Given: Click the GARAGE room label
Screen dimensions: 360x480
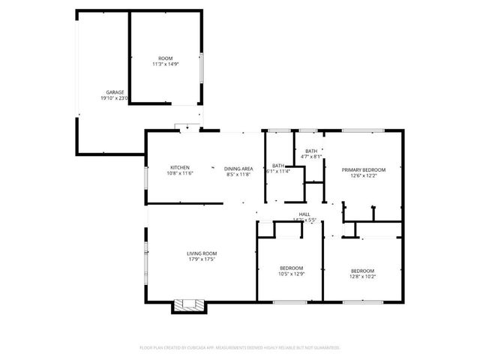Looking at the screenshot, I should pyautogui.click(x=115, y=92).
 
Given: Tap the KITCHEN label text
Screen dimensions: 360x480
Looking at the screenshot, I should pyautogui.click(x=179, y=167).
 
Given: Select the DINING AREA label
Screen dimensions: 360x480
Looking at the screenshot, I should pyautogui.click(x=238, y=168).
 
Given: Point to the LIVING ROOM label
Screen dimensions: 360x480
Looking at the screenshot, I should pyautogui.click(x=202, y=253).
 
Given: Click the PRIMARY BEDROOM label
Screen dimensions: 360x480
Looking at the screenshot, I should pyautogui.click(x=363, y=170).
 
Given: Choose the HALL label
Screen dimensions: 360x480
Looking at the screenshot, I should pyautogui.click(x=305, y=214).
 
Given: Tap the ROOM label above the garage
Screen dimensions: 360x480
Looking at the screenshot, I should pyautogui.click(x=165, y=58).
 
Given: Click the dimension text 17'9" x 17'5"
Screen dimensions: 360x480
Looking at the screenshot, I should pyautogui.click(x=202, y=259).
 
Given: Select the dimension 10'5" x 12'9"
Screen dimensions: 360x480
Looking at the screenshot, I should pyautogui.click(x=292, y=274).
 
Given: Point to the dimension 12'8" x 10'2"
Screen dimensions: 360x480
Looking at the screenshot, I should pyautogui.click(x=363, y=276).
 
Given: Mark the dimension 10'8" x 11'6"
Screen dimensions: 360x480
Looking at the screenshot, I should pyautogui.click(x=179, y=173).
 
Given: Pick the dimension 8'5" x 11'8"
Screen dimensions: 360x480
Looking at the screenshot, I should pyautogui.click(x=238, y=174).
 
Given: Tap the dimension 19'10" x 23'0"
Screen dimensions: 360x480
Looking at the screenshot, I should pyautogui.click(x=115, y=98).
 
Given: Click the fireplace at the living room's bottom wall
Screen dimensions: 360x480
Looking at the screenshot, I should pyautogui.click(x=188, y=305).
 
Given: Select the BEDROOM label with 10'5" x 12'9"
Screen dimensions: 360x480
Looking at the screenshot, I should pyautogui.click(x=292, y=268).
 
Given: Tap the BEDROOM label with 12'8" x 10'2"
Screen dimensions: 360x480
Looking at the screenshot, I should pyautogui.click(x=363, y=270).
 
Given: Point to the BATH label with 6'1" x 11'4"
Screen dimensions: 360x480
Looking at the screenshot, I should pyautogui.click(x=278, y=165).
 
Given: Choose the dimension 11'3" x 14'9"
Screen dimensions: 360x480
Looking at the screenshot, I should pyautogui.click(x=165, y=64).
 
